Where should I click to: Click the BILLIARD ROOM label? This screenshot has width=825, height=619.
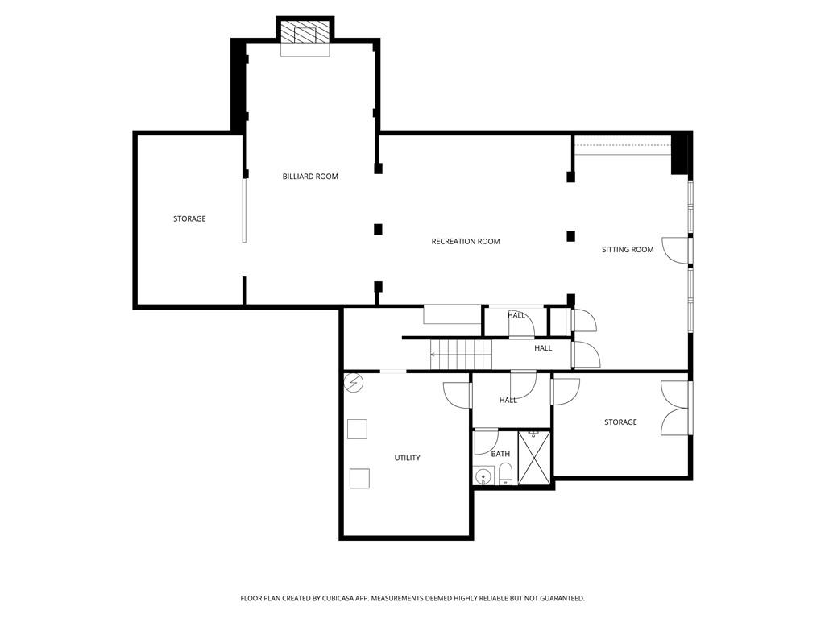tap(310, 177)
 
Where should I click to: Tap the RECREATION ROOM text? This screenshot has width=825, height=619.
tap(466, 242)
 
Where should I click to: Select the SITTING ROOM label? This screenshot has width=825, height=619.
tap(628, 250)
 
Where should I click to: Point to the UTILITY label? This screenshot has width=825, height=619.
tap(407, 458)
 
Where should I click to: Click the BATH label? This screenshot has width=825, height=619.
tap(500, 454)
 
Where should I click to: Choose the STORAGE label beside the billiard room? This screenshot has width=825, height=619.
tap(189, 219)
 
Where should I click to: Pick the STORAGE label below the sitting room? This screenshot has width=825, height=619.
tap(620, 422)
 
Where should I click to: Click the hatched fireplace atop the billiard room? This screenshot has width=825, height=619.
tap(305, 33)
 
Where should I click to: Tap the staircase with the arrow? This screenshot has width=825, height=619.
tap(460, 354)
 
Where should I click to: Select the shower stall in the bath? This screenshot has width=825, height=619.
tap(533, 458)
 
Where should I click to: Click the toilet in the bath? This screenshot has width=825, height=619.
tap(504, 474)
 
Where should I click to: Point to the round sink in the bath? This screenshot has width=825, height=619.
tap(483, 476)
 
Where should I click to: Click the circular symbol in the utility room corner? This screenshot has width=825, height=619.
tap(354, 382)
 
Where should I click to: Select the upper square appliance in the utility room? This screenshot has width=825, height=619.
tap(357, 429)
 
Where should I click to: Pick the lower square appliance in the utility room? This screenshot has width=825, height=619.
tap(359, 478)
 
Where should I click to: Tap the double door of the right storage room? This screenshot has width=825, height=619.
tap(676, 408)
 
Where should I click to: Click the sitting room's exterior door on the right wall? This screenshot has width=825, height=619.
tap(678, 251)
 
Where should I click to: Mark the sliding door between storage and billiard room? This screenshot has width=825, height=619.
tap(244, 210)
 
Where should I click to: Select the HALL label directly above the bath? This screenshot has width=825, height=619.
tap(508, 401)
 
